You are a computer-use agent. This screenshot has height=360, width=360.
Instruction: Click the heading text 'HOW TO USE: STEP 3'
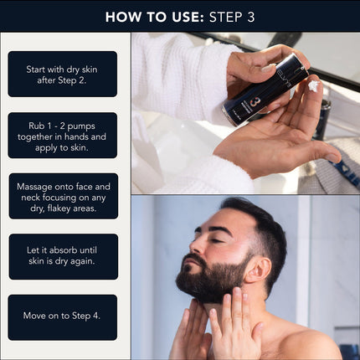point(180,16)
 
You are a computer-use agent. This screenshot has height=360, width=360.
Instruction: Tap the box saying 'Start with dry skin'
point(63,74)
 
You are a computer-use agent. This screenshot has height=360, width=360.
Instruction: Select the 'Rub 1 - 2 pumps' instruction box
point(63,135)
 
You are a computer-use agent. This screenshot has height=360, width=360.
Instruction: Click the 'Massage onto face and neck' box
point(63,196)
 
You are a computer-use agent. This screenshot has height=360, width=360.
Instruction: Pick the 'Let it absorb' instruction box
point(63,256)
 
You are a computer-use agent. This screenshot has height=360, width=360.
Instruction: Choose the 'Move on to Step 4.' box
point(63,317)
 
